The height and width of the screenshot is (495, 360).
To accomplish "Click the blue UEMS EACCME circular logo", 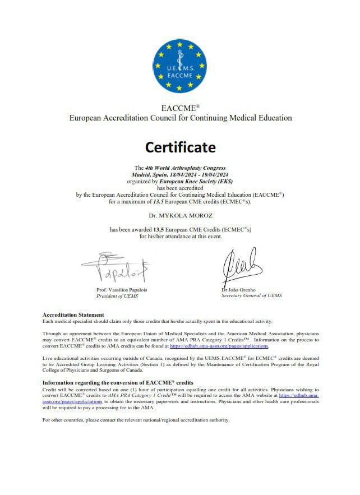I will (180, 66).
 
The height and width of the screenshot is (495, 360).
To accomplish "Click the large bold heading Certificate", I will (180, 147).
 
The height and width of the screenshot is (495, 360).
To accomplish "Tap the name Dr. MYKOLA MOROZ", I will (180, 215).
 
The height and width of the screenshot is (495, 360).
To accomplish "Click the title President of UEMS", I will (117, 295).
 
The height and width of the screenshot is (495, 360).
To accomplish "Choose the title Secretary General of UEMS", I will (252, 295).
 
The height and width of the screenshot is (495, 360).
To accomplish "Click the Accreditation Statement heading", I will (73, 315).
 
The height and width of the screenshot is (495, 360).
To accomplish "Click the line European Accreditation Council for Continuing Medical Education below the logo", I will (180, 118).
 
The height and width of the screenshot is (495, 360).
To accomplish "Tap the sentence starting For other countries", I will (136, 420).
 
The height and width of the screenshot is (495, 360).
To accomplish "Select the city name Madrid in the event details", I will (141, 175).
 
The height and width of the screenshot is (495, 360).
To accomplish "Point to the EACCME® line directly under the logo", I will (180, 108).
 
